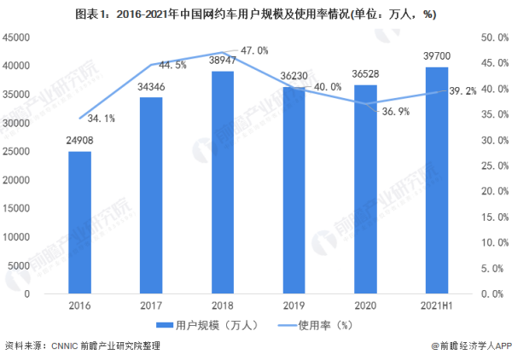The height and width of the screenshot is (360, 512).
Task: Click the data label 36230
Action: (294, 76)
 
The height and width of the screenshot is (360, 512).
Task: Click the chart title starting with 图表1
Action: (256, 14)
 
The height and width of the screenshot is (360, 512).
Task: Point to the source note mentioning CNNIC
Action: (83, 347)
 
